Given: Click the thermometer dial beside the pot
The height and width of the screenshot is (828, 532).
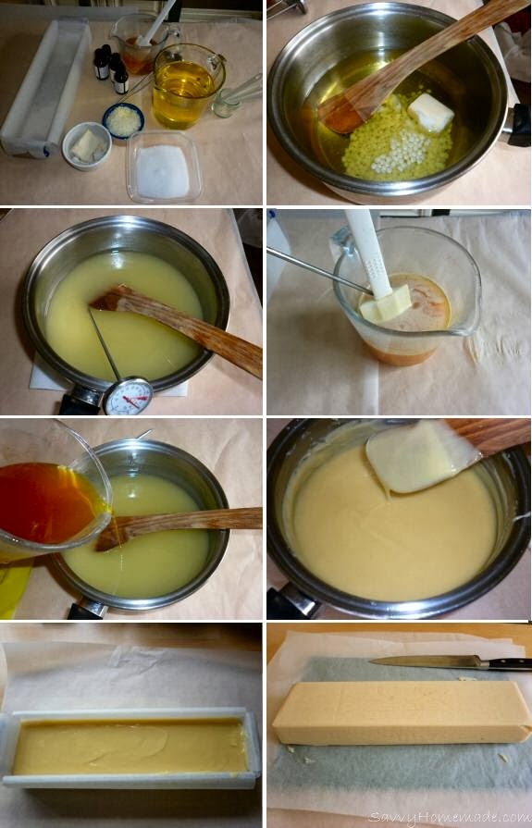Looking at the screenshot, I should [x=127, y=396].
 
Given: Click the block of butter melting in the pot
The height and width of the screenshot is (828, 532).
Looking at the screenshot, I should [x=431, y=113].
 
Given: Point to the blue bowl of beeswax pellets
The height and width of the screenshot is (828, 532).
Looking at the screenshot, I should [x=122, y=119].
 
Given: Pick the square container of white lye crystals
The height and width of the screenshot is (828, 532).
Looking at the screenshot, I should [x=165, y=167].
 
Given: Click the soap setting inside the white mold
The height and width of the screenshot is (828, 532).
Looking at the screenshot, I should [x=130, y=746].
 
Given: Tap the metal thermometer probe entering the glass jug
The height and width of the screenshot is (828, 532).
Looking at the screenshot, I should [x=319, y=269].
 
